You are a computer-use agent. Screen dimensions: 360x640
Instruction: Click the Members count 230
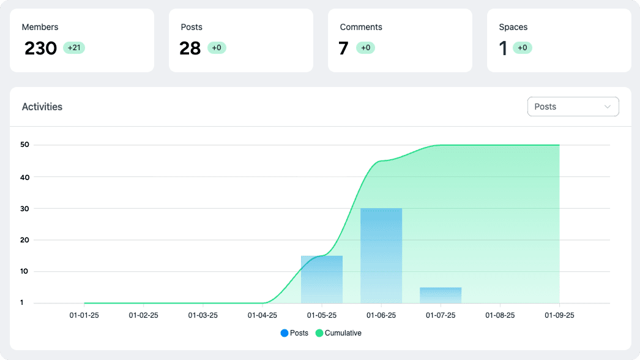click(40, 48)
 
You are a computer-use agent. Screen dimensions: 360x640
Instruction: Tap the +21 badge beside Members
click(74, 48)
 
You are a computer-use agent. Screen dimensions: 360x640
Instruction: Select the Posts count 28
click(190, 48)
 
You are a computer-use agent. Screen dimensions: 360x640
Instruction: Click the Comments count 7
click(343, 48)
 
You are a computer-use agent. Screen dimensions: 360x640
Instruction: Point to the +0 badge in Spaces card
click(523, 48)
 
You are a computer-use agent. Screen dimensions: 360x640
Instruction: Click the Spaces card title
click(513, 27)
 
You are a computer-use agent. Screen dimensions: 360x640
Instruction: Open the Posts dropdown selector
click(573, 107)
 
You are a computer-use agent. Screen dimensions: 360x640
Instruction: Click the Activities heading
click(42, 107)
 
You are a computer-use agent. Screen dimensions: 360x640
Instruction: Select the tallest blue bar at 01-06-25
click(381, 255)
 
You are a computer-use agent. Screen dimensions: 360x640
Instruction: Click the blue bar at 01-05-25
click(322, 279)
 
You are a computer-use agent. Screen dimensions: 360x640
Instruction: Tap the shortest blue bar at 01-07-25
click(441, 295)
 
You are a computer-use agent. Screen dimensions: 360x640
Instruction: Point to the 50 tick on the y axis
click(24, 145)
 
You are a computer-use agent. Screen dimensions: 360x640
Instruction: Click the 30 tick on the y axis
click(24, 208)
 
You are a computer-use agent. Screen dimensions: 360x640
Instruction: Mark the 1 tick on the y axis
click(21, 302)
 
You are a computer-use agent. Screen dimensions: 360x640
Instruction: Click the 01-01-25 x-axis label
click(84, 315)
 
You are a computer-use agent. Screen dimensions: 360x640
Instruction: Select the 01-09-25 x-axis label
click(559, 315)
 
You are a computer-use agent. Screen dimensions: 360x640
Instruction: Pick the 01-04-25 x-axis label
click(262, 315)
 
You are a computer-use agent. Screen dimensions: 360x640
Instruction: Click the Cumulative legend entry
click(338, 333)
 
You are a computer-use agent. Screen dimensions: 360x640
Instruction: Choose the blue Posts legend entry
click(294, 333)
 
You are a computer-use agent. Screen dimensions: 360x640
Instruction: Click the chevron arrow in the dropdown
click(608, 107)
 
